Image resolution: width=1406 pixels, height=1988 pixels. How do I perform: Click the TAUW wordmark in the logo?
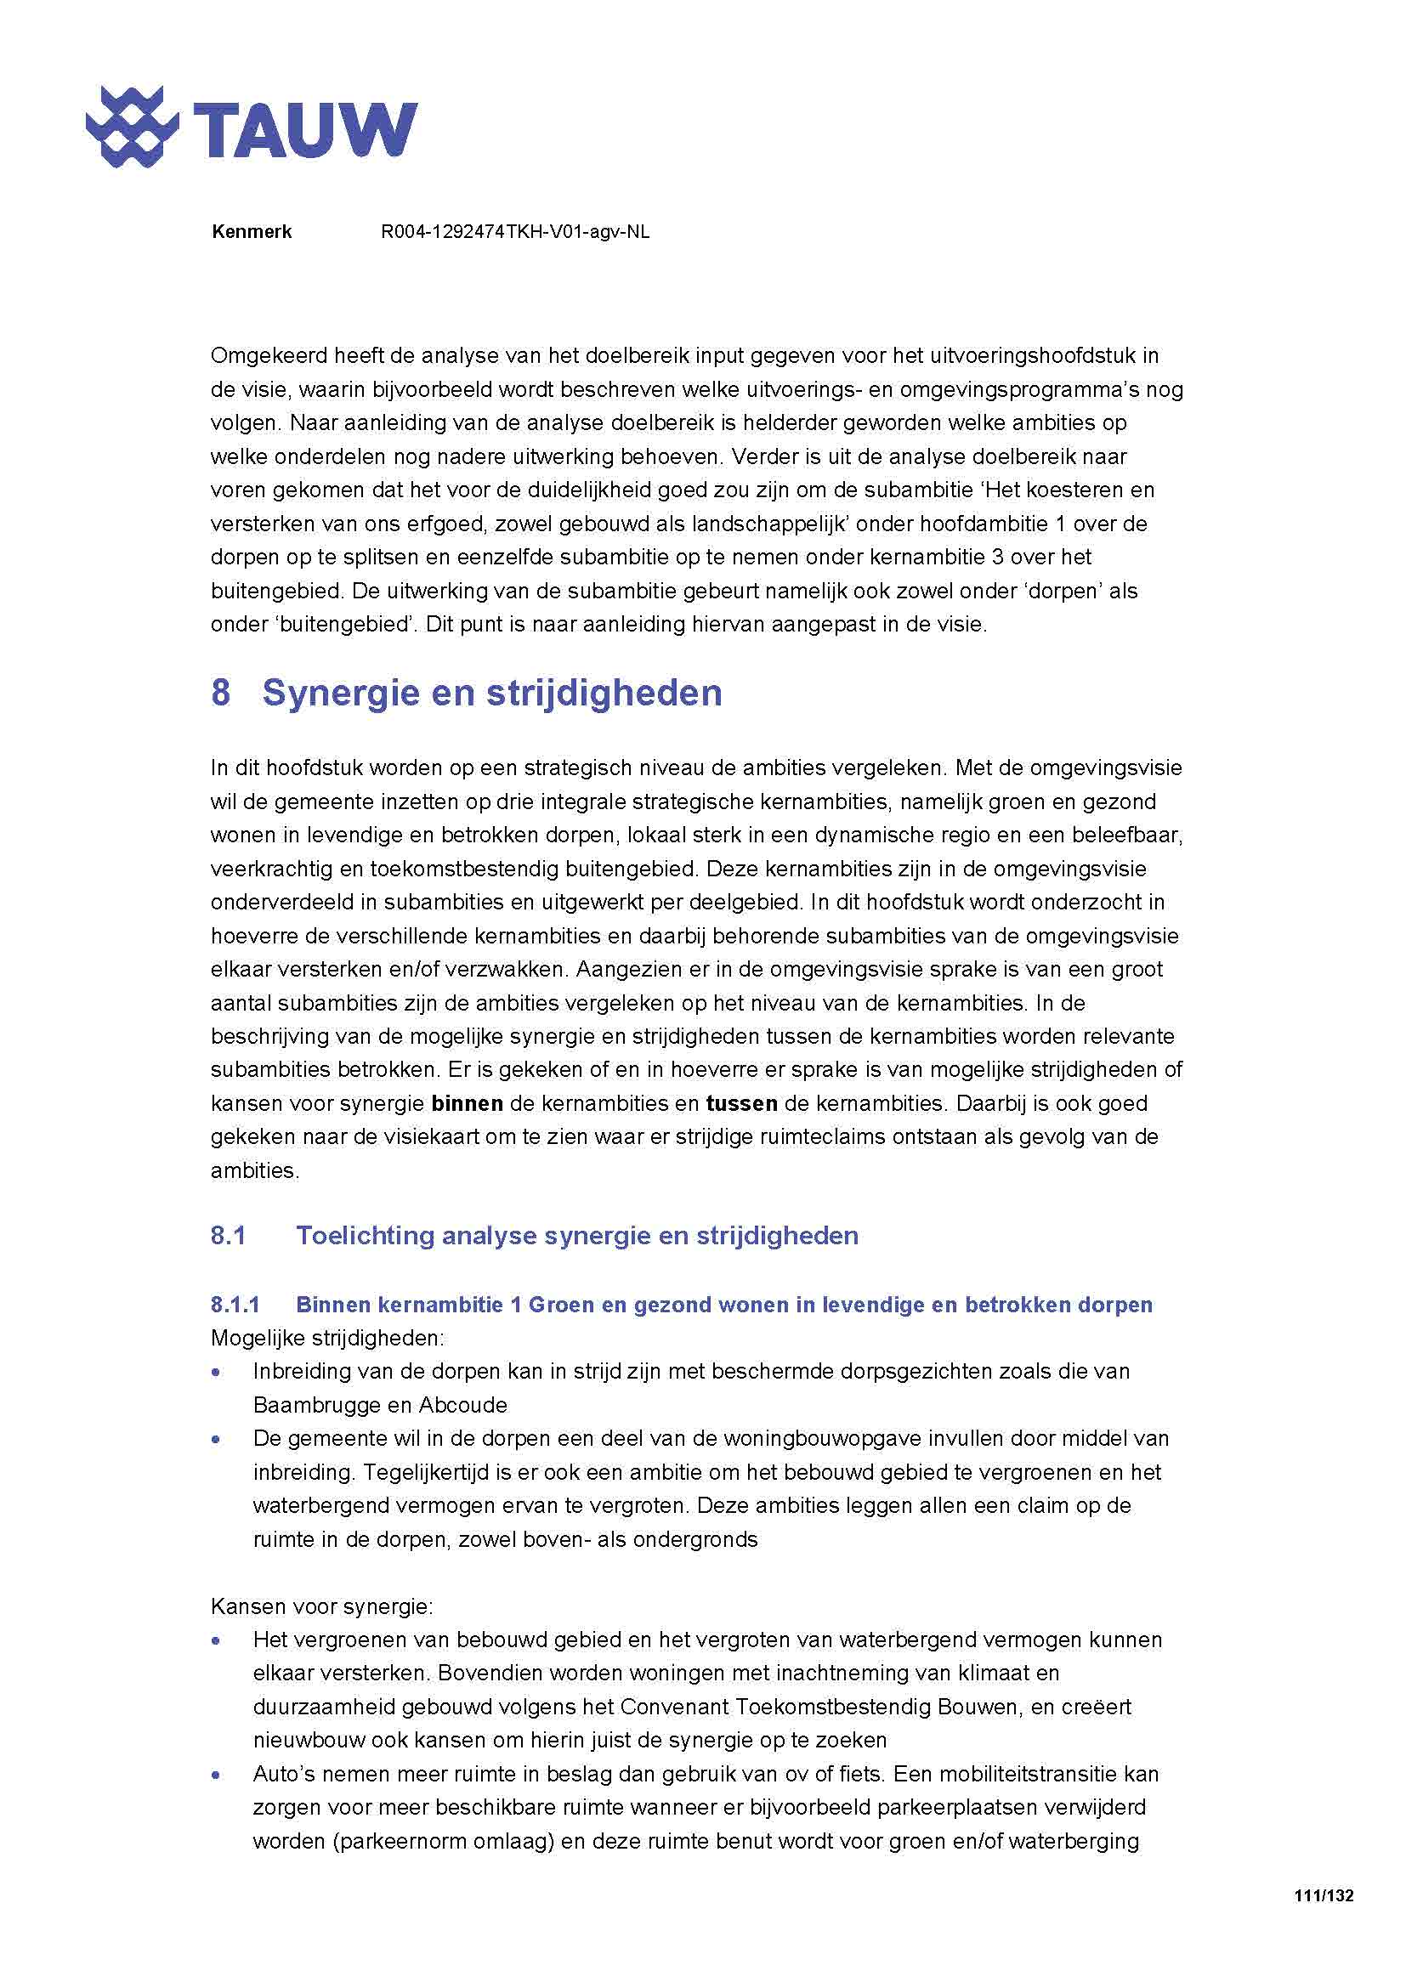[x=305, y=129]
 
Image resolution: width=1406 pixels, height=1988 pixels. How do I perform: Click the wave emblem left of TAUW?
[x=132, y=127]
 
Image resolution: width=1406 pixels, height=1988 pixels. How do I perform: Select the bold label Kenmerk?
[x=251, y=232]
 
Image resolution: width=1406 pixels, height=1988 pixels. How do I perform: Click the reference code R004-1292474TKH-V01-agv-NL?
[x=515, y=232]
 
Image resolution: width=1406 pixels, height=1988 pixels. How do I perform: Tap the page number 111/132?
[x=1323, y=1895]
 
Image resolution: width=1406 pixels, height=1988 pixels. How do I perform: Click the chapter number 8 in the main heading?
[x=221, y=694]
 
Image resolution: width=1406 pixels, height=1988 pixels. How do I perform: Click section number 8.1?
[x=228, y=1236]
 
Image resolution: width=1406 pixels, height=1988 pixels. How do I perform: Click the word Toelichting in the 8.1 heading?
[x=363, y=1236]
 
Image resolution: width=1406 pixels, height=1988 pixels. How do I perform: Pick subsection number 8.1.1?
[x=235, y=1305]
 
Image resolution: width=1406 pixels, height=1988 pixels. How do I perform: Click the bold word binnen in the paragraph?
[x=468, y=1104]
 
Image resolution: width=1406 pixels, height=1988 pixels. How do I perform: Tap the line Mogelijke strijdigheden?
[x=327, y=1339]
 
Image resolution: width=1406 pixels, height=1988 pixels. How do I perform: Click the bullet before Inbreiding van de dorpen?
[x=217, y=1373]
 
